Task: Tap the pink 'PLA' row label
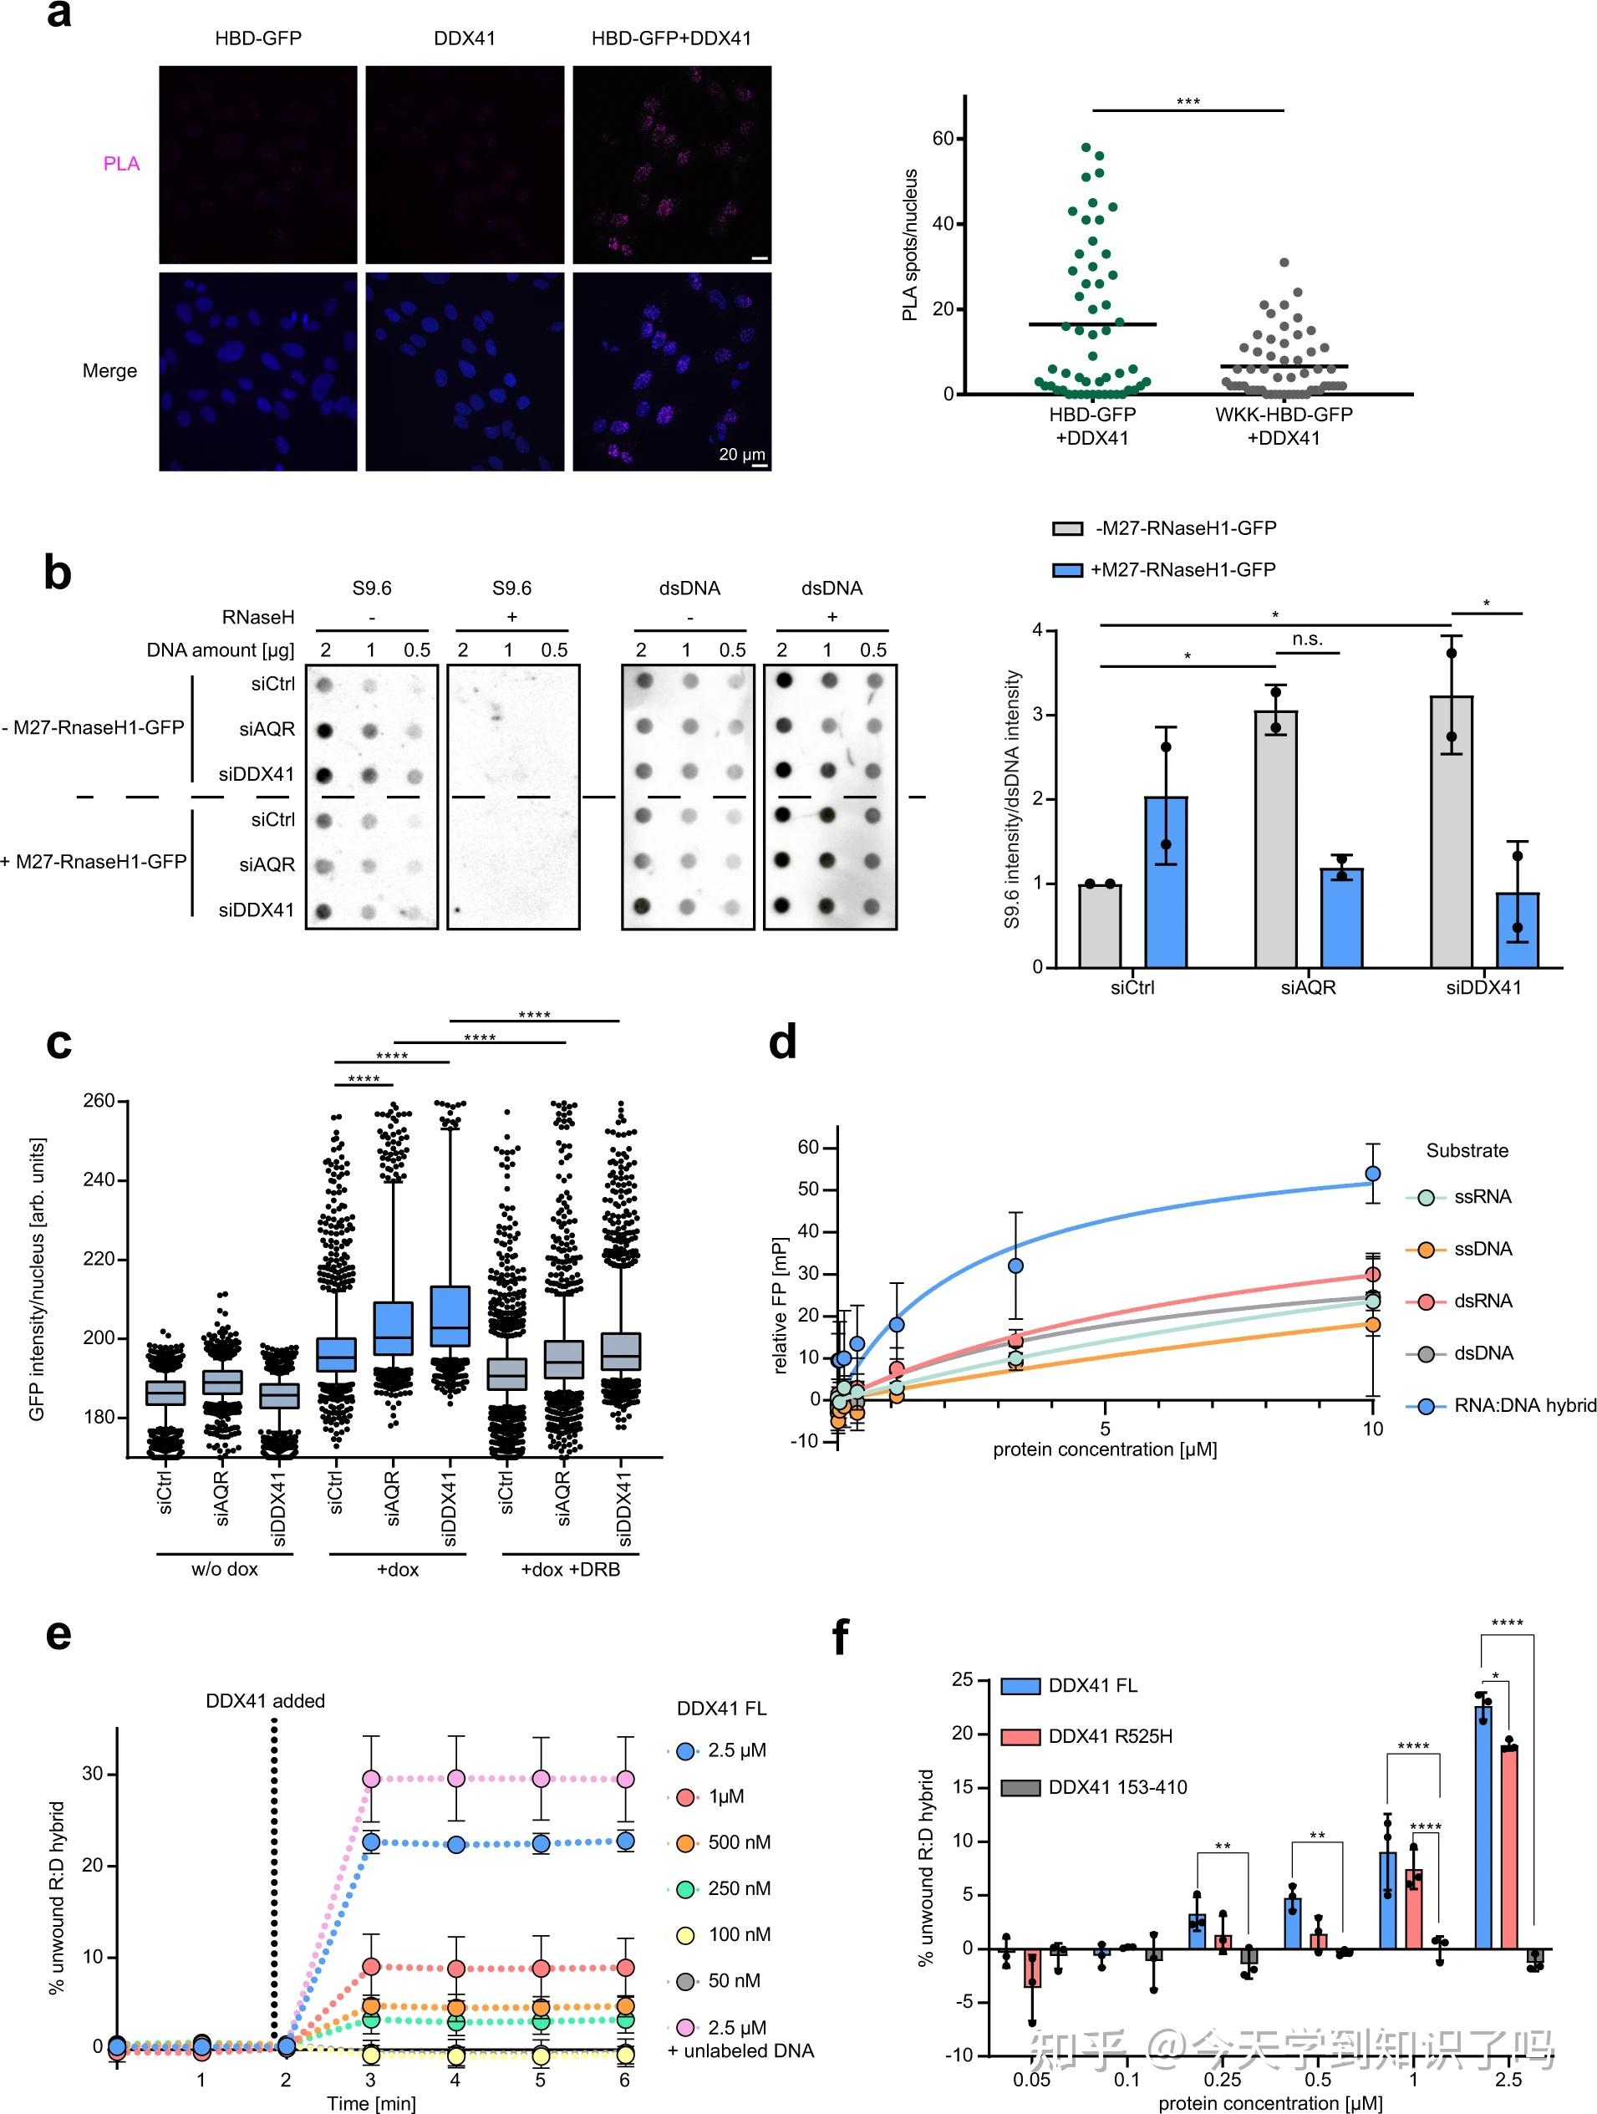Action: (121, 164)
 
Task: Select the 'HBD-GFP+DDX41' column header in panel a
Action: (671, 38)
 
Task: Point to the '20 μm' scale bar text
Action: (741, 454)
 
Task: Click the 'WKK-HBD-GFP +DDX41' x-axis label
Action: (1284, 426)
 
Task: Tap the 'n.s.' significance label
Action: (1307, 639)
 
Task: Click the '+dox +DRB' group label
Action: (570, 1569)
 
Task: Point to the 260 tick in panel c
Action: (99, 1101)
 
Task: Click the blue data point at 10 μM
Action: (1372, 1174)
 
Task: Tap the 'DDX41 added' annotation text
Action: (266, 1701)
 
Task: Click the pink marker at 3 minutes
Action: (371, 1779)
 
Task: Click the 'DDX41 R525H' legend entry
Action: (1110, 1736)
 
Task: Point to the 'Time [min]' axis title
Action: (371, 2102)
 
